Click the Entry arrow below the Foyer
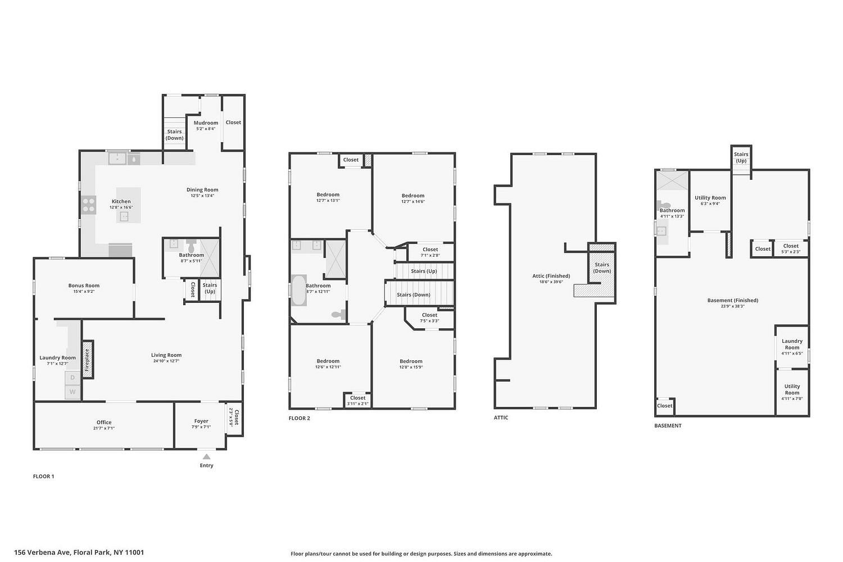click(207, 456)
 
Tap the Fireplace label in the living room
click(87, 360)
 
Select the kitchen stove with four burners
click(89, 205)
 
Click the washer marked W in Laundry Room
click(72, 392)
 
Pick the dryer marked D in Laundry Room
click(72, 378)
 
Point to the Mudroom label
click(206, 123)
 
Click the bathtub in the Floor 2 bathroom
click(299, 290)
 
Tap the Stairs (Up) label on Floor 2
click(424, 271)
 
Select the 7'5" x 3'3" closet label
click(429, 321)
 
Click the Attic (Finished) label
click(551, 276)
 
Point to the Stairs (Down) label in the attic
click(602, 268)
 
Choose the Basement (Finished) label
click(733, 300)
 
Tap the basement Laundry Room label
click(792, 344)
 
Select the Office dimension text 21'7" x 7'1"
click(104, 428)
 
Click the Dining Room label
click(202, 190)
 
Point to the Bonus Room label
click(84, 285)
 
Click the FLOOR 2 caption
click(299, 418)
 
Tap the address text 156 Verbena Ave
click(42, 552)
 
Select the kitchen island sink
click(124, 216)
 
